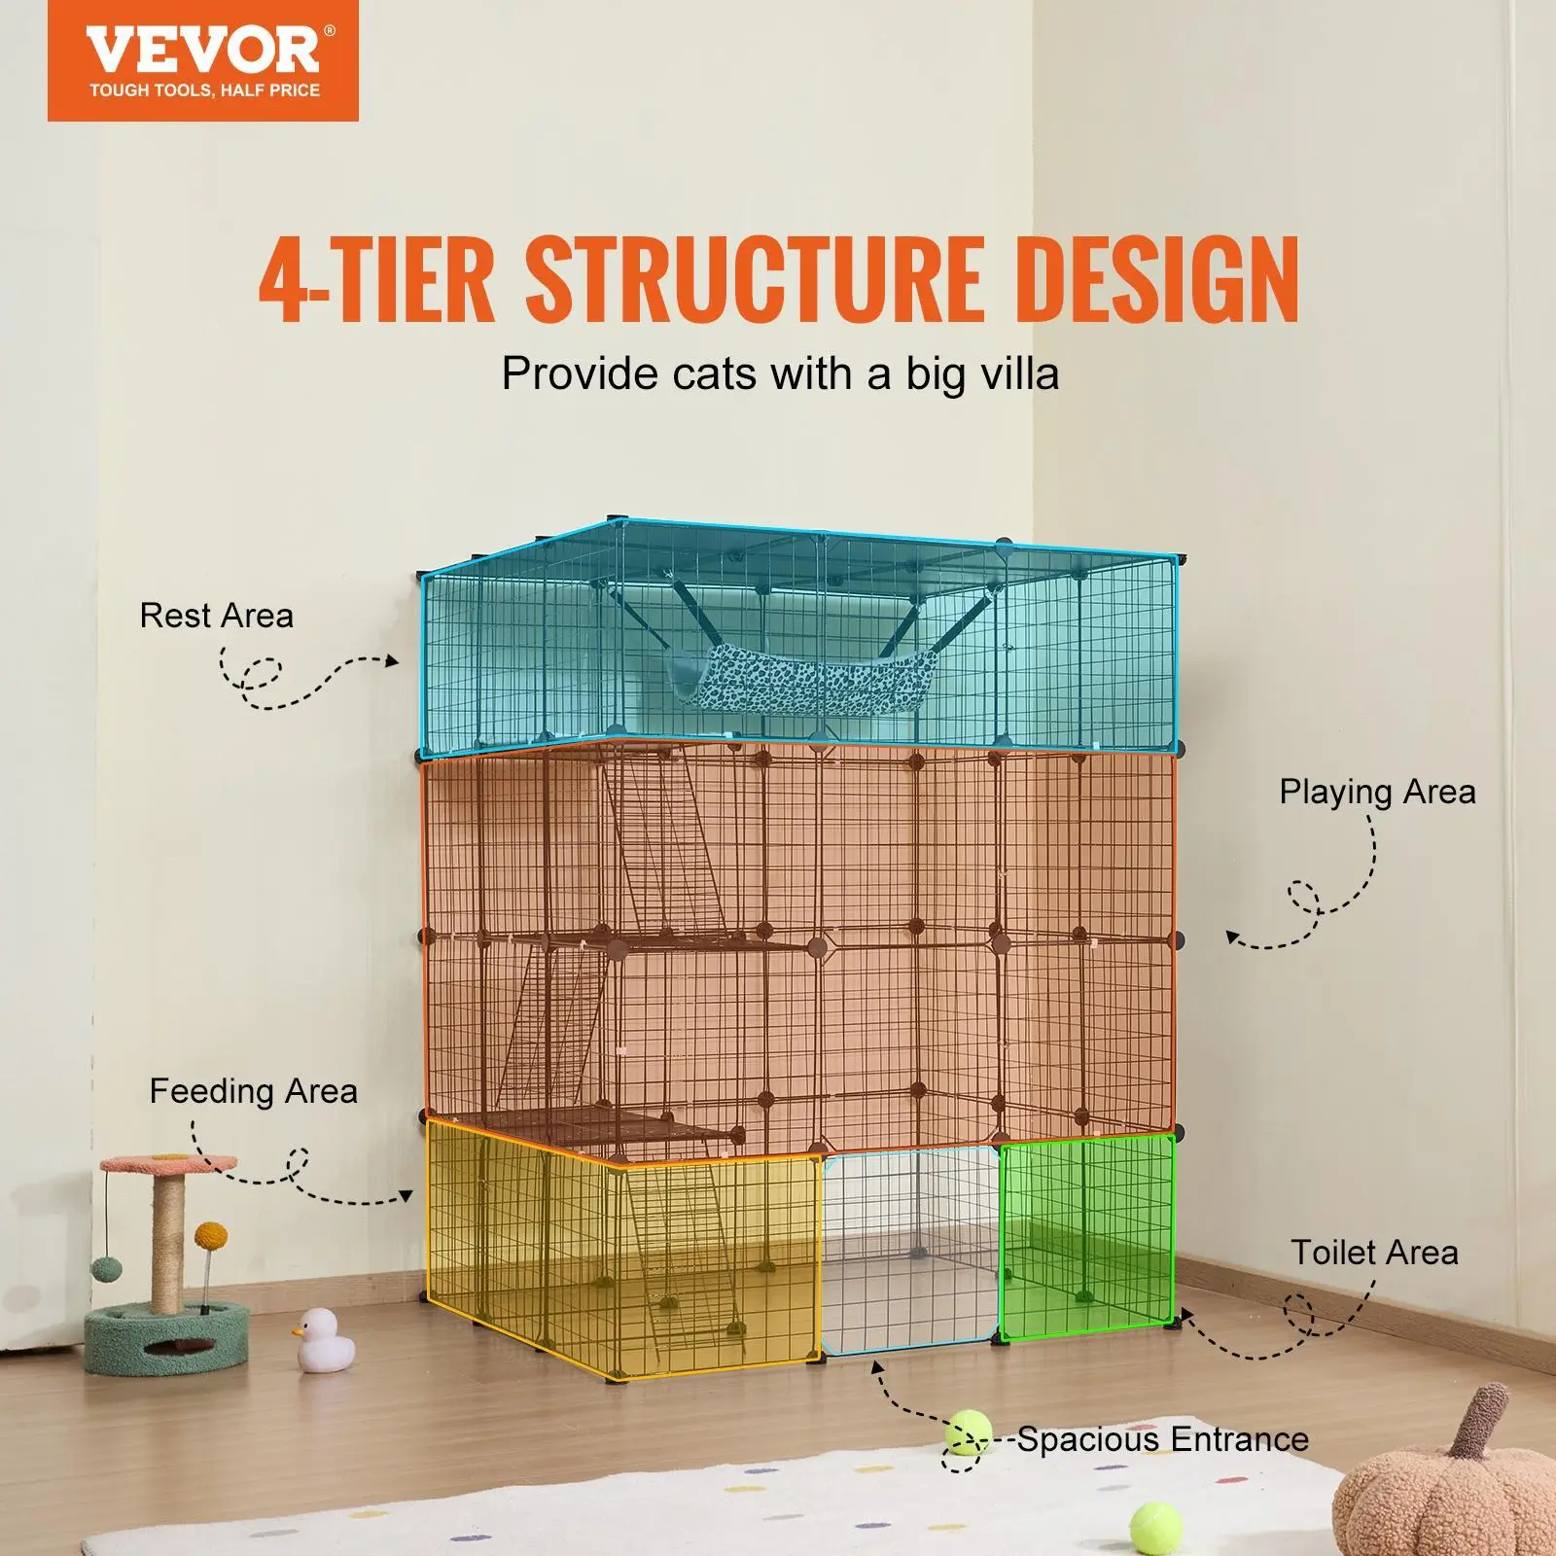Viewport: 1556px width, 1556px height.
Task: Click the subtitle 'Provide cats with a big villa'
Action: click(779, 374)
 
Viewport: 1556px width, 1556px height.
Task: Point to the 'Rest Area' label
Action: click(216, 616)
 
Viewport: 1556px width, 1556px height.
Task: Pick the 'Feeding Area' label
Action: click(253, 1091)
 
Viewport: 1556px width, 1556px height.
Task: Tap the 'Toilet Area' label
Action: click(1374, 1252)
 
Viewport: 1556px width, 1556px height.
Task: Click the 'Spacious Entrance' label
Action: click(1162, 1438)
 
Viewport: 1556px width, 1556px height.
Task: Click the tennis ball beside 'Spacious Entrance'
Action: click(965, 1433)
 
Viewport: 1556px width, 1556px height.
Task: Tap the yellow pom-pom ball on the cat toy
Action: click(210, 1238)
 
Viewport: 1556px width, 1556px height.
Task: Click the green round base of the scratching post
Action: click(165, 1339)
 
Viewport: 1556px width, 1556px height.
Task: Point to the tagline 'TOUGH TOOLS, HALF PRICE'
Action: click(204, 90)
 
